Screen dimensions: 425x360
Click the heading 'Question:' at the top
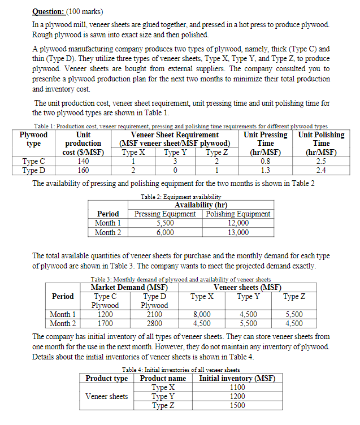click(49, 11)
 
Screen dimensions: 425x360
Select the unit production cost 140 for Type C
click(83, 161)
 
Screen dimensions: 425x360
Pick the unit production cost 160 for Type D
click(83, 169)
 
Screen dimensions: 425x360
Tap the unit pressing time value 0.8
click(265, 161)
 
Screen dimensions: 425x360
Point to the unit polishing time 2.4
click(320, 169)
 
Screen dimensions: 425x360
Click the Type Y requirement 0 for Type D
click(175, 169)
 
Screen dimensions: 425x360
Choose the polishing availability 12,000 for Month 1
click(238, 223)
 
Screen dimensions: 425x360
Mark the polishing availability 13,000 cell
click(238, 232)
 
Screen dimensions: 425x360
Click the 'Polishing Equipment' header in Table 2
click(238, 214)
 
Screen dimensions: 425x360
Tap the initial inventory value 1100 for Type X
click(238, 387)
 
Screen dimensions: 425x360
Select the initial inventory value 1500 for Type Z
click(238, 405)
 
